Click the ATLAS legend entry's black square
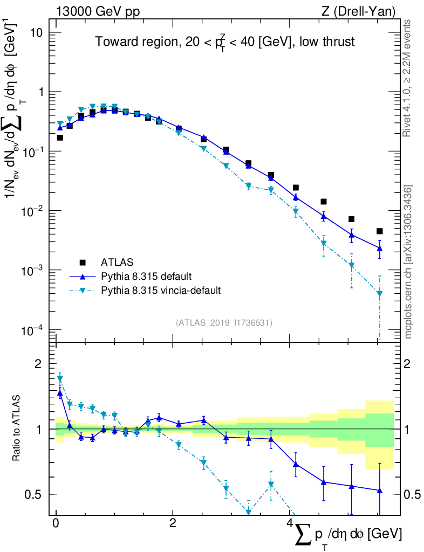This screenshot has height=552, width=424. point(83,263)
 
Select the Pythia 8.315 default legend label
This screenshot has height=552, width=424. point(146,277)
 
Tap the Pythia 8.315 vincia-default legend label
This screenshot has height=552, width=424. point(161,291)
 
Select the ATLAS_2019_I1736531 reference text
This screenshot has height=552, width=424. point(224,323)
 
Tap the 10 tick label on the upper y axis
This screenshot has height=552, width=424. point(36,32)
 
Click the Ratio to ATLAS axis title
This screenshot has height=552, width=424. point(17,429)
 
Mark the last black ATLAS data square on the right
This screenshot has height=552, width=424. point(380,231)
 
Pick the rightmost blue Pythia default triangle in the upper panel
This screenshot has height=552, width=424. point(380,248)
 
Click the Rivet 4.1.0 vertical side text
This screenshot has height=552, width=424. point(407,78)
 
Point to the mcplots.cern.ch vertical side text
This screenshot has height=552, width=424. point(408,261)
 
